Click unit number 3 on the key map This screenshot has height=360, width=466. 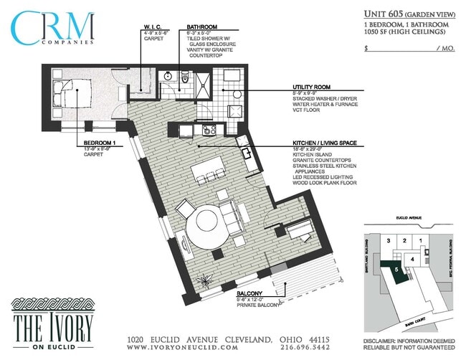click(x=388, y=241)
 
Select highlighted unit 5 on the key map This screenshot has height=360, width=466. click(x=396, y=269)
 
